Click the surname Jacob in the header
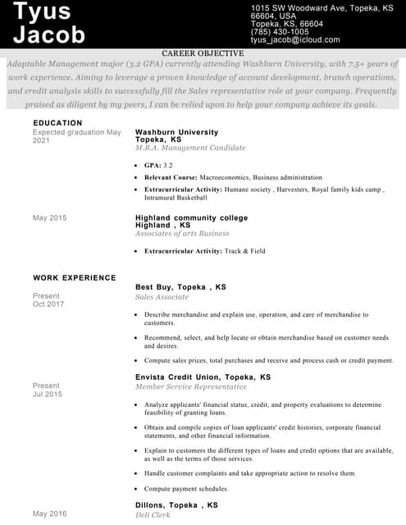[x=49, y=34]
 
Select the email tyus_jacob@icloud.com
[x=295, y=39]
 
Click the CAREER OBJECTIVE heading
[x=203, y=52]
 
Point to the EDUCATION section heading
[x=57, y=123]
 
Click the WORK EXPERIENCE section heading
[x=75, y=277]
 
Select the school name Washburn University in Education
[x=176, y=132]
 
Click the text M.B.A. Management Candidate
[x=190, y=148]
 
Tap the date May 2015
[x=49, y=218]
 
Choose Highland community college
[x=191, y=218]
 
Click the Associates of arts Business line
[x=182, y=234]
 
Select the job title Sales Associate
[x=162, y=297]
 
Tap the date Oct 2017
[x=48, y=304]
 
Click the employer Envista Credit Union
[x=179, y=377]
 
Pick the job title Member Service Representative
[x=191, y=386]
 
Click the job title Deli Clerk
[x=153, y=514]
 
